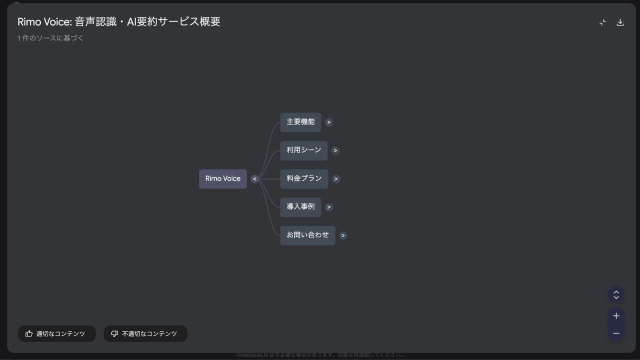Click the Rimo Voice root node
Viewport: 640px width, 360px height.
[222, 179]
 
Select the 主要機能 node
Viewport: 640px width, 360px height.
[300, 122]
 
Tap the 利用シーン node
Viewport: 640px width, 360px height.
[303, 150]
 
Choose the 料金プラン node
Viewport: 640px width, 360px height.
[304, 179]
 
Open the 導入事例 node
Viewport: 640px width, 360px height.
[300, 207]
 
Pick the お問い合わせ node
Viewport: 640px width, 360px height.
[307, 235]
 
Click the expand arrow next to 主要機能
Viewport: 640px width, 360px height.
[328, 122]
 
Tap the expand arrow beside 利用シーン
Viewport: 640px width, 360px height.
[335, 150]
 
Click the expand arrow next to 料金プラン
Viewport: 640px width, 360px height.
[336, 179]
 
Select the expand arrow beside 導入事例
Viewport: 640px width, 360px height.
[328, 207]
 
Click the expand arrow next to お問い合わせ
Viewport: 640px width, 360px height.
[343, 235]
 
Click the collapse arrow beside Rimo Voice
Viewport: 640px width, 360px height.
[254, 179]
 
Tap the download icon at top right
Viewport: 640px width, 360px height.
[620, 22]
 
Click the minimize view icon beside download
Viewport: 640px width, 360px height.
[602, 22]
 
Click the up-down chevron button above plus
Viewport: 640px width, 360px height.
[616, 294]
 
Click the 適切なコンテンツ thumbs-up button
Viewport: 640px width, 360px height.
[56, 334]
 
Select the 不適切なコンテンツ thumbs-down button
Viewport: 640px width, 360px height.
[145, 334]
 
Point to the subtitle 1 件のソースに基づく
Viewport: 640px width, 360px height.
[50, 38]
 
